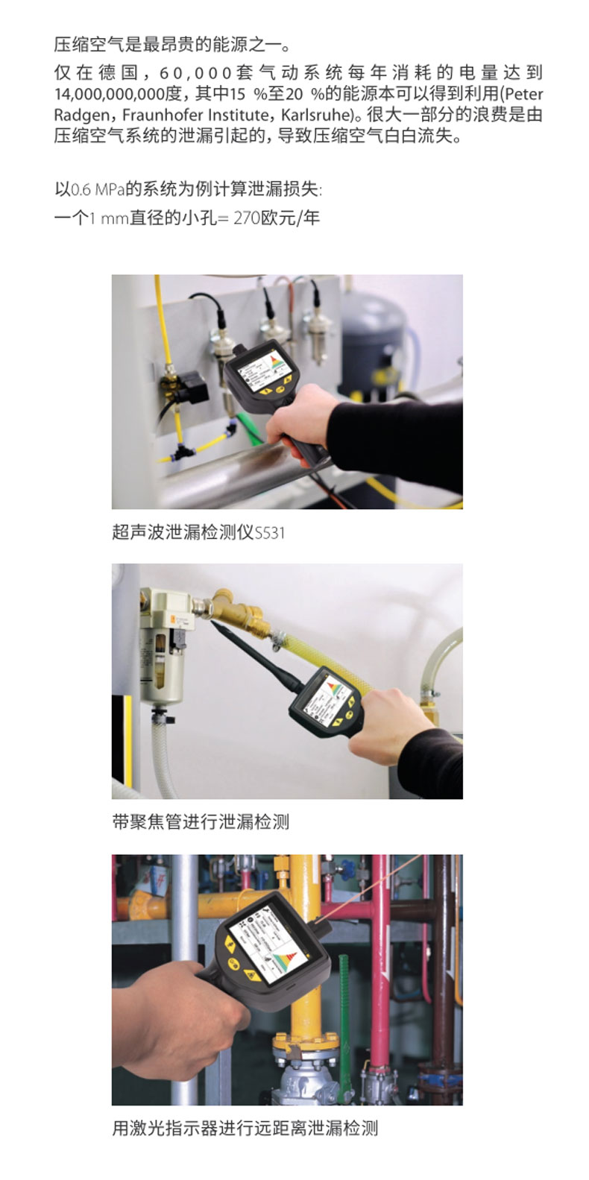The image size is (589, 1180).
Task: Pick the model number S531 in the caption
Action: click(x=269, y=533)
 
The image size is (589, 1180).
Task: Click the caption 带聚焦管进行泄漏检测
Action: click(x=201, y=821)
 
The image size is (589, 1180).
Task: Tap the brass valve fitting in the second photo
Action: click(x=237, y=613)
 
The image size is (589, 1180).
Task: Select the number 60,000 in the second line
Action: click(x=195, y=72)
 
